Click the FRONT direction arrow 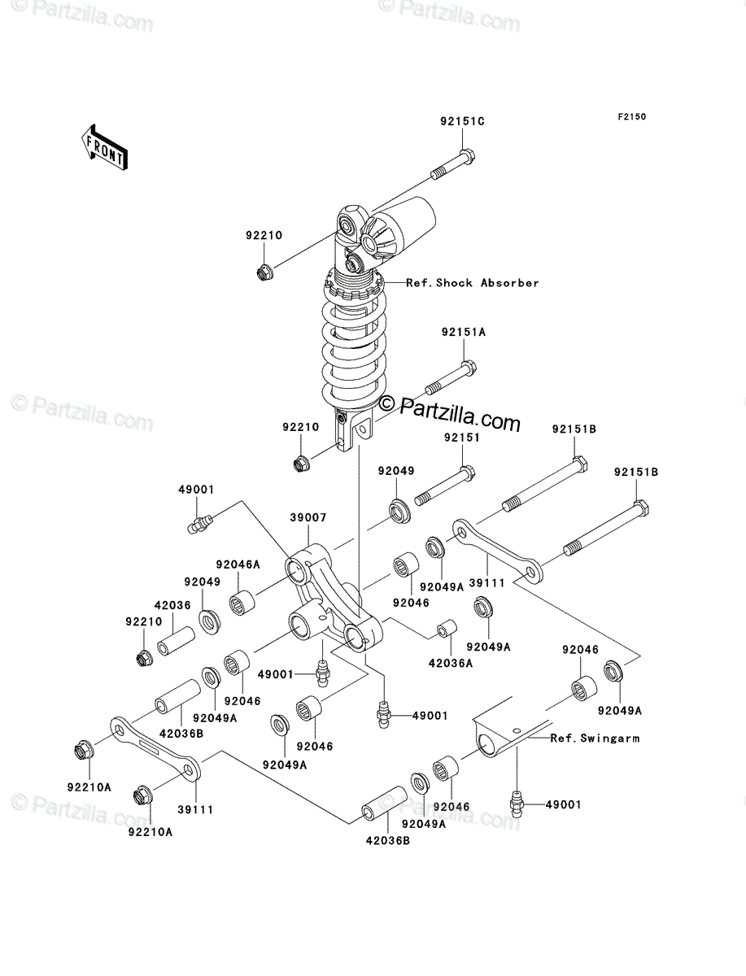pos(104,147)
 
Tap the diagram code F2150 pos(632,117)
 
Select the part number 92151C pos(462,121)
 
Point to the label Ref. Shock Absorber pos(473,283)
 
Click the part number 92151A pos(464,332)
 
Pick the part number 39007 pos(308,517)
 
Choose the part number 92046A pos(238,564)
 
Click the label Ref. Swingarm pos(595,739)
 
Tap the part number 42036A pos(451,664)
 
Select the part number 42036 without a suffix pos(172,605)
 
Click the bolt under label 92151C pos(453,164)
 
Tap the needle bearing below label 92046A pos(242,603)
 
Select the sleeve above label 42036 pos(176,641)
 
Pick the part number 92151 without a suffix pos(462,438)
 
